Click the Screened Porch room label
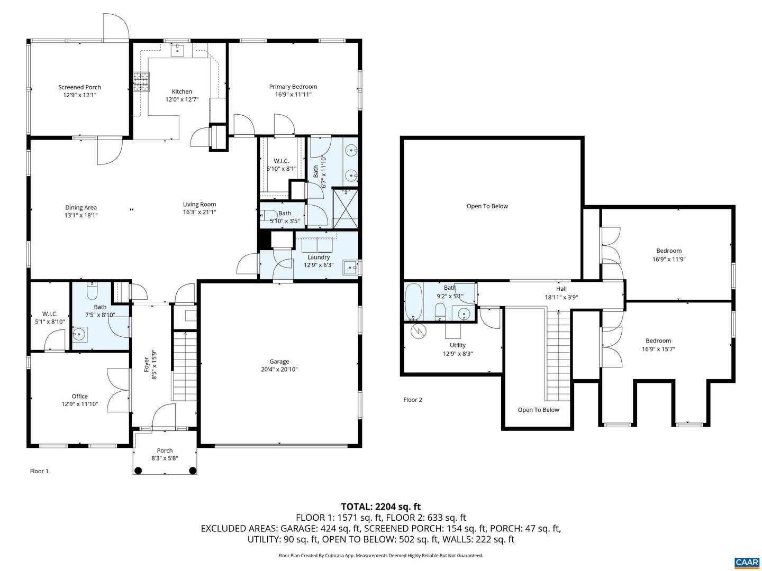click(79, 87)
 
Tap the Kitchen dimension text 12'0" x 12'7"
click(182, 99)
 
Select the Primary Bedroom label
click(293, 87)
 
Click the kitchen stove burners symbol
click(141, 82)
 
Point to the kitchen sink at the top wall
click(177, 50)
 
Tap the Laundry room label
click(319, 257)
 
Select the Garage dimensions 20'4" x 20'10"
click(279, 370)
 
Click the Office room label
click(80, 396)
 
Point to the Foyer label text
click(147, 364)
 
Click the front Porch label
click(165, 450)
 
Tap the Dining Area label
click(81, 207)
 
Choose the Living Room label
click(199, 204)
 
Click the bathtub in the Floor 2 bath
click(413, 302)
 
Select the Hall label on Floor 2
click(561, 289)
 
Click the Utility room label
click(458, 345)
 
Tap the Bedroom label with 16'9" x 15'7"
click(658, 340)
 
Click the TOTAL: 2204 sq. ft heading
click(380, 506)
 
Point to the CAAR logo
click(746, 562)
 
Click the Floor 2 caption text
click(413, 400)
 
